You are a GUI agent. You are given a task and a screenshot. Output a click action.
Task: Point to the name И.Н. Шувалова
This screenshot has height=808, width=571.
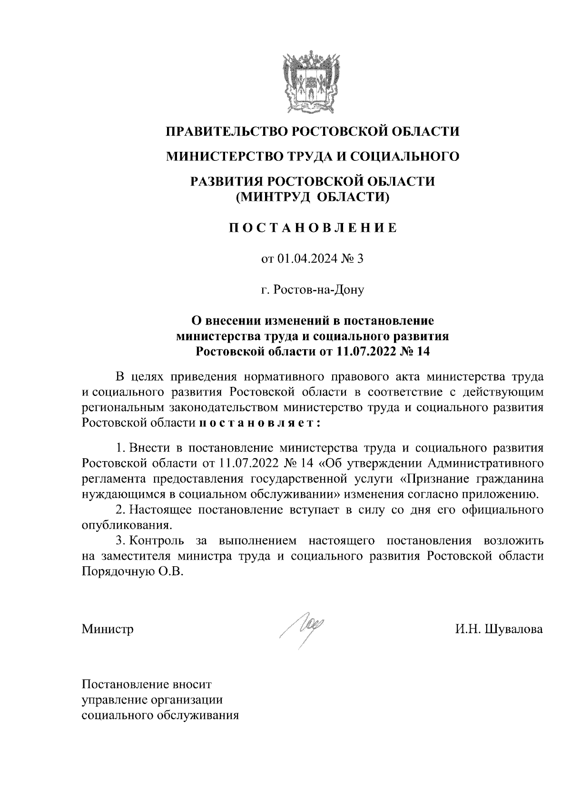[498, 629]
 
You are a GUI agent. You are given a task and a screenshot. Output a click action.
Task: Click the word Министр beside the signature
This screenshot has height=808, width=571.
[108, 629]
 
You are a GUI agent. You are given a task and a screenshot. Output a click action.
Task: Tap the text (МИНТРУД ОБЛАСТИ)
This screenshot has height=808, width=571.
[313, 197]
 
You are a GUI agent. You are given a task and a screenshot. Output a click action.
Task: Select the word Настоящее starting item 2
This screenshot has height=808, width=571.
[160, 510]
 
